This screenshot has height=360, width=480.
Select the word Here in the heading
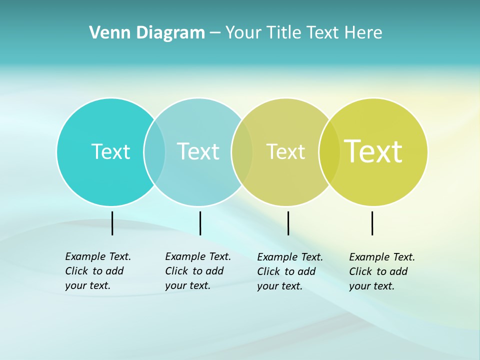[363, 33]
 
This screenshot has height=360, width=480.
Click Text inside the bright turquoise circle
[110, 151]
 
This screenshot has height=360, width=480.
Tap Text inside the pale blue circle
[198, 151]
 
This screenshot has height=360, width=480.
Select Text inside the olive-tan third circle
[285, 151]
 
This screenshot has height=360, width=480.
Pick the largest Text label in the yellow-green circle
[373, 151]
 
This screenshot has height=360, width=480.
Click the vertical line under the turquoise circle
[112, 223]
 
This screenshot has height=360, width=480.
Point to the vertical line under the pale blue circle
[200, 223]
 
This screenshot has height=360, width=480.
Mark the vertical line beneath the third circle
[288, 223]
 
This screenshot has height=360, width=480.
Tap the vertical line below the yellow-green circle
[372, 223]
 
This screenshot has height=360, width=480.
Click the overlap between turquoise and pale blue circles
[154, 151]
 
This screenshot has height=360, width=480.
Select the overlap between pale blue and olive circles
[242, 151]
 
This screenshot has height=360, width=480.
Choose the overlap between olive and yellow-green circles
[329, 151]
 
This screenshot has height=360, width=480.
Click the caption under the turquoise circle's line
[98, 271]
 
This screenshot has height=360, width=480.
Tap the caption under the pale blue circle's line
[198, 271]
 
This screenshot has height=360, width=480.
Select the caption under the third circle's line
[290, 271]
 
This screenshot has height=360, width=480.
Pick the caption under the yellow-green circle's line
[382, 271]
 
